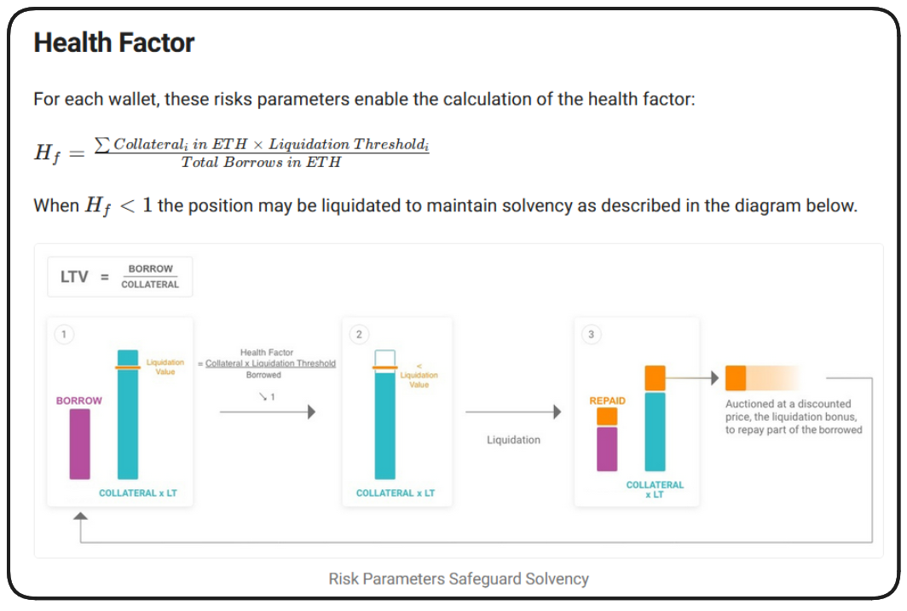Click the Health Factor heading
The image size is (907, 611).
pyautogui.click(x=114, y=43)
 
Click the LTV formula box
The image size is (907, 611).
pyautogui.click(x=119, y=277)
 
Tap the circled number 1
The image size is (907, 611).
pyautogui.click(x=63, y=334)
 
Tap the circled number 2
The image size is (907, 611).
pyautogui.click(x=359, y=334)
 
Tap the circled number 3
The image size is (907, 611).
pyautogui.click(x=592, y=334)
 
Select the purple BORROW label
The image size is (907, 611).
pyautogui.click(x=79, y=401)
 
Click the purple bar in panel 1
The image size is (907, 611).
pyautogui.click(x=79, y=444)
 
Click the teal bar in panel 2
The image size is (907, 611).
pyautogui.click(x=384, y=426)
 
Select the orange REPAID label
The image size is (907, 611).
pyautogui.click(x=607, y=401)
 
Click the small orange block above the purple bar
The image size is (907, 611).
pyautogui.click(x=607, y=417)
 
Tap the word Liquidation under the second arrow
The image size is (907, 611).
pyautogui.click(x=513, y=440)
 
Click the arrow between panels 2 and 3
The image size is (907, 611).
pyautogui.click(x=512, y=412)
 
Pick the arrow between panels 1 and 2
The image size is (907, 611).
pyautogui.click(x=267, y=412)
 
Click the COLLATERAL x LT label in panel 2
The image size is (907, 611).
pyautogui.click(x=396, y=493)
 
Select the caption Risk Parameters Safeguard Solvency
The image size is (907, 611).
pyautogui.click(x=459, y=579)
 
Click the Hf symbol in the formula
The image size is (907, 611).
pyautogui.click(x=47, y=153)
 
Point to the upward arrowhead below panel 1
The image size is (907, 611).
pyautogui.click(x=80, y=517)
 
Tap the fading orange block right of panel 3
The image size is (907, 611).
pyautogui.click(x=763, y=378)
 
